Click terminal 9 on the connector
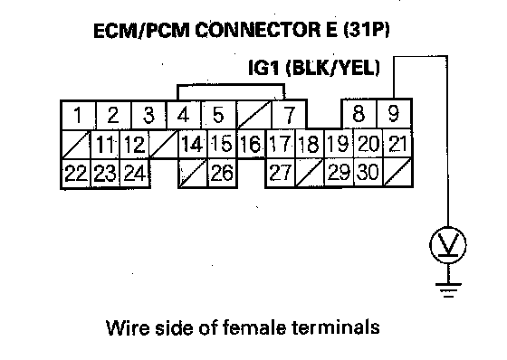[x=394, y=114]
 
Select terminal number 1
[x=78, y=116]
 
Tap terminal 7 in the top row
[x=289, y=115]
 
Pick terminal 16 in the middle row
[x=252, y=144]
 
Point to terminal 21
[x=397, y=144]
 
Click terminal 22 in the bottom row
[x=76, y=173]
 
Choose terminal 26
[x=222, y=173]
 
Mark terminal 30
[x=368, y=172]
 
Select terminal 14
[x=192, y=144]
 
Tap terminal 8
[x=359, y=114]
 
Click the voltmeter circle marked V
[x=448, y=245]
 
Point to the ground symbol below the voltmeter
[x=448, y=289]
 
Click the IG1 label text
[x=264, y=68]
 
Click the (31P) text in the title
[x=367, y=30]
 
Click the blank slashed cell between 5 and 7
[x=253, y=115]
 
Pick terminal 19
[x=339, y=144]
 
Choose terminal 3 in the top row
[x=148, y=116]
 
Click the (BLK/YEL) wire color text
[x=333, y=68]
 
